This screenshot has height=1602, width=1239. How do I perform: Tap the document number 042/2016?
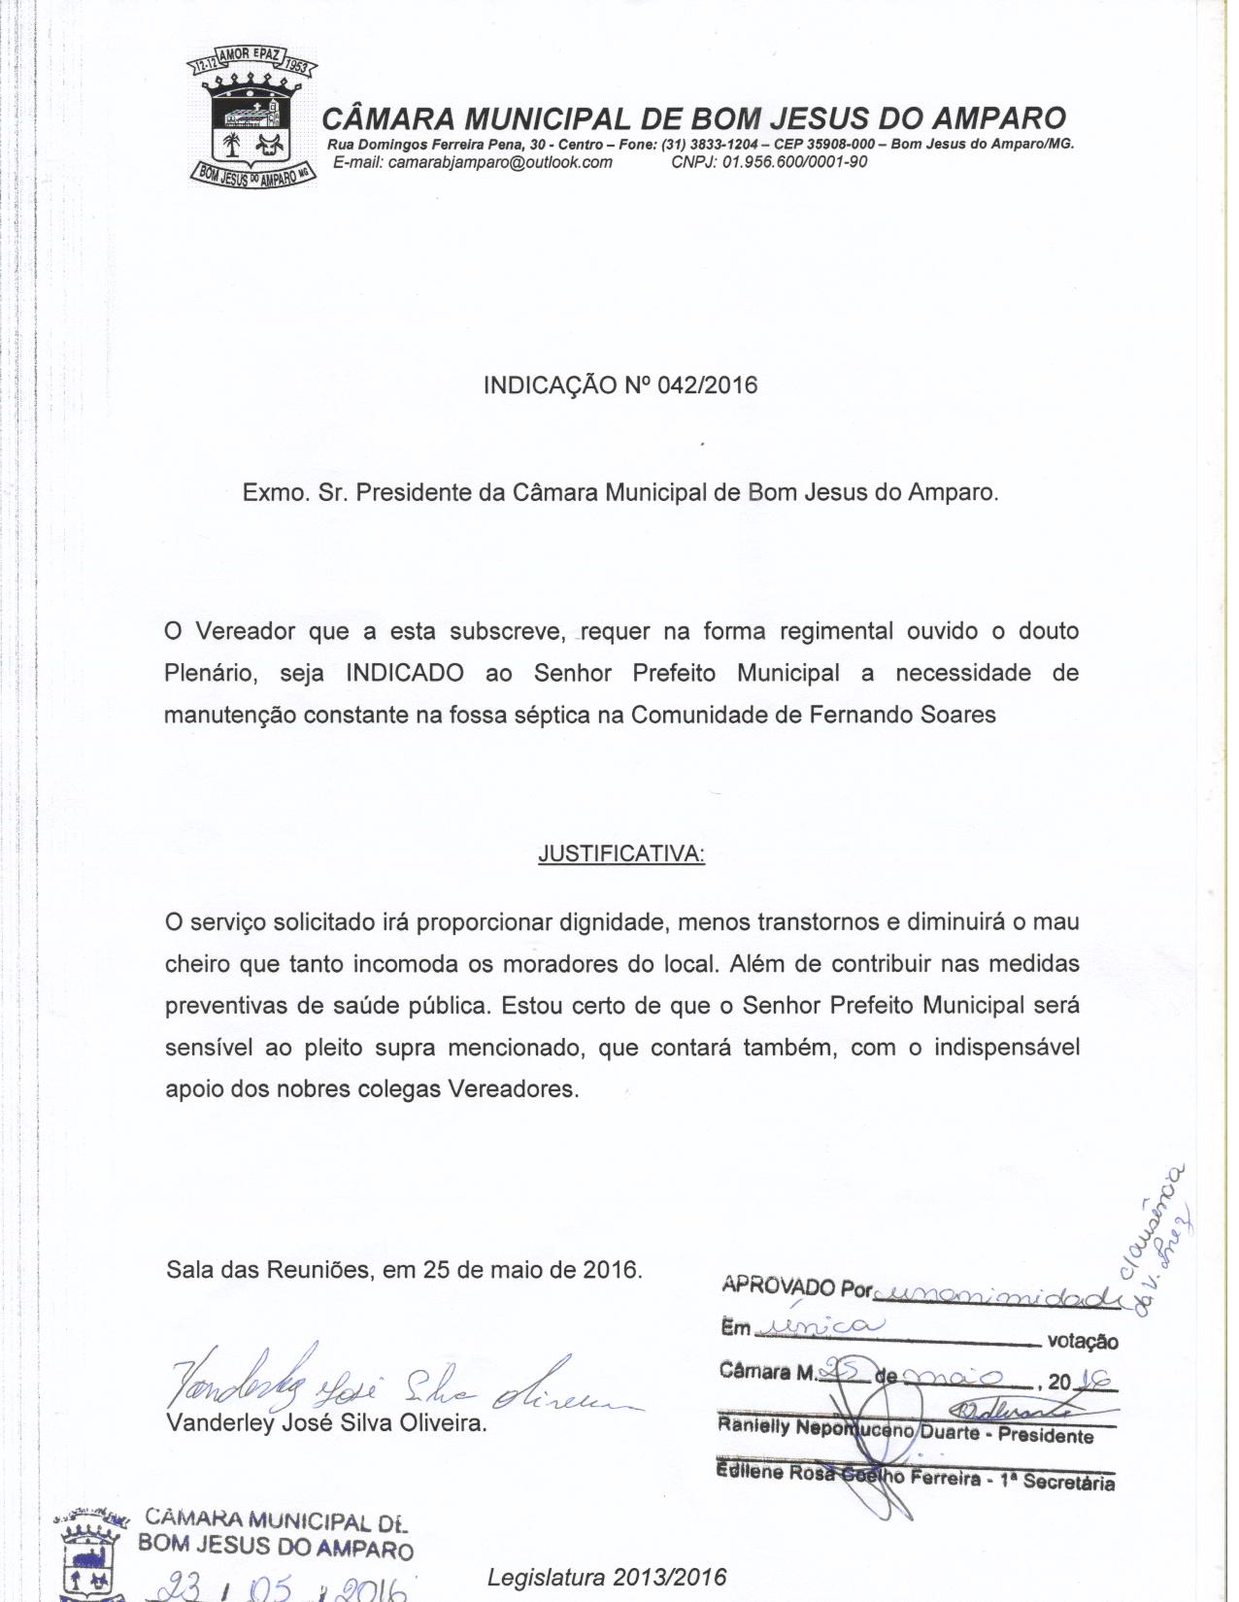click(707, 385)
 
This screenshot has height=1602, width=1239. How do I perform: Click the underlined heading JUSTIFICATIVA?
click(621, 854)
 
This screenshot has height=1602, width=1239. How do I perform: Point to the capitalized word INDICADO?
click(405, 673)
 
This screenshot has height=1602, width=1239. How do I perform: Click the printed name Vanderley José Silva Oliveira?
click(326, 1423)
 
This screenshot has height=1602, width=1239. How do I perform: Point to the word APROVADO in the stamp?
click(779, 1285)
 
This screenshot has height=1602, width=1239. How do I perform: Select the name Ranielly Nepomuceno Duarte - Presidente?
click(905, 1431)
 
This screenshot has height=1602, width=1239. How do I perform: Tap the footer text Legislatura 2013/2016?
click(607, 1577)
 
